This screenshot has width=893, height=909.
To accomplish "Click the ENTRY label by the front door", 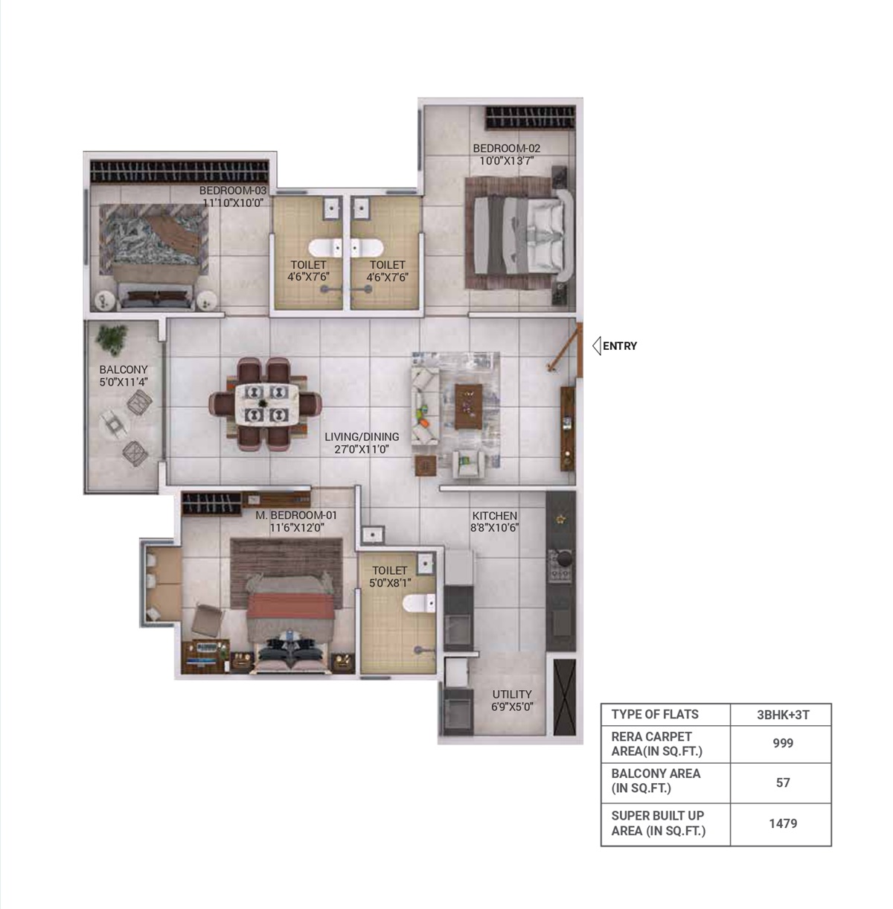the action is point(619,345).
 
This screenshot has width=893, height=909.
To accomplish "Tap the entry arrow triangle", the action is point(597,345).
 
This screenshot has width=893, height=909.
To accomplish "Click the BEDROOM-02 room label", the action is point(507,148).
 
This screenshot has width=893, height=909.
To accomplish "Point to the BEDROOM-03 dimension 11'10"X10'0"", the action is point(233,202).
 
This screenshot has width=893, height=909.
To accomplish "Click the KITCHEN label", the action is point(494,516).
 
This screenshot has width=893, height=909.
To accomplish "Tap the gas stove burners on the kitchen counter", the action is point(560,564).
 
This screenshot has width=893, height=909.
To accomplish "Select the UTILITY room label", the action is point(512,694).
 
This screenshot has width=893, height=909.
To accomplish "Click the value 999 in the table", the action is point(783,743).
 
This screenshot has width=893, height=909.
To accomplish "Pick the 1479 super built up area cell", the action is point(783,823).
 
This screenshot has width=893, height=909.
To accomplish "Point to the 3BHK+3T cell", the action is point(783,715).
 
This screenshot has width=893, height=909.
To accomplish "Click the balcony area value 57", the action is point(783,782).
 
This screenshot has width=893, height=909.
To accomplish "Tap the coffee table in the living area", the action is point(468,406).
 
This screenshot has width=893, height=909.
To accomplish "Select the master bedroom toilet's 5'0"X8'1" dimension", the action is point(390,583).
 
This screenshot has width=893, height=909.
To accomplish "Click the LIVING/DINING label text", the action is point(362,437).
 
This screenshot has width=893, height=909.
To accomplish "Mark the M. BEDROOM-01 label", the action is point(296,515).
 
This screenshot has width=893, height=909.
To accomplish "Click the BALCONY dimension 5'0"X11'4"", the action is point(124,382).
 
